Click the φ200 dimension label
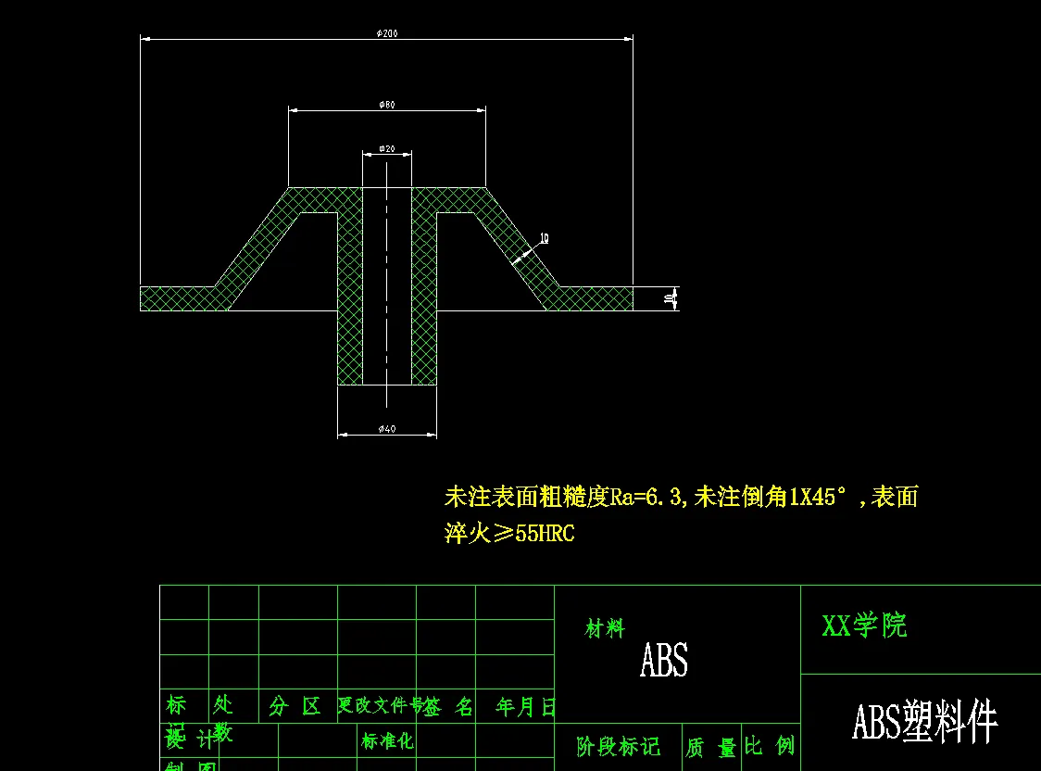point(387,33)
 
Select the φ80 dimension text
point(387,105)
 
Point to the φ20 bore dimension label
point(387,148)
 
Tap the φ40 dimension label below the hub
point(387,428)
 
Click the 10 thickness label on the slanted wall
point(544,238)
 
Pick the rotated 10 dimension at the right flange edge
point(669,298)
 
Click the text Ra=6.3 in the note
point(646,498)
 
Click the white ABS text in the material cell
point(664,661)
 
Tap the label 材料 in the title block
point(605,629)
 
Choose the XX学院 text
point(864,626)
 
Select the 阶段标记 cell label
point(618,747)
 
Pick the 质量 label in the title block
point(710,748)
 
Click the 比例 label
point(770,746)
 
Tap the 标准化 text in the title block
point(387,741)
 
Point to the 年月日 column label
point(525,708)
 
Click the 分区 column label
point(295,707)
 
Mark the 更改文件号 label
point(380,706)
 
